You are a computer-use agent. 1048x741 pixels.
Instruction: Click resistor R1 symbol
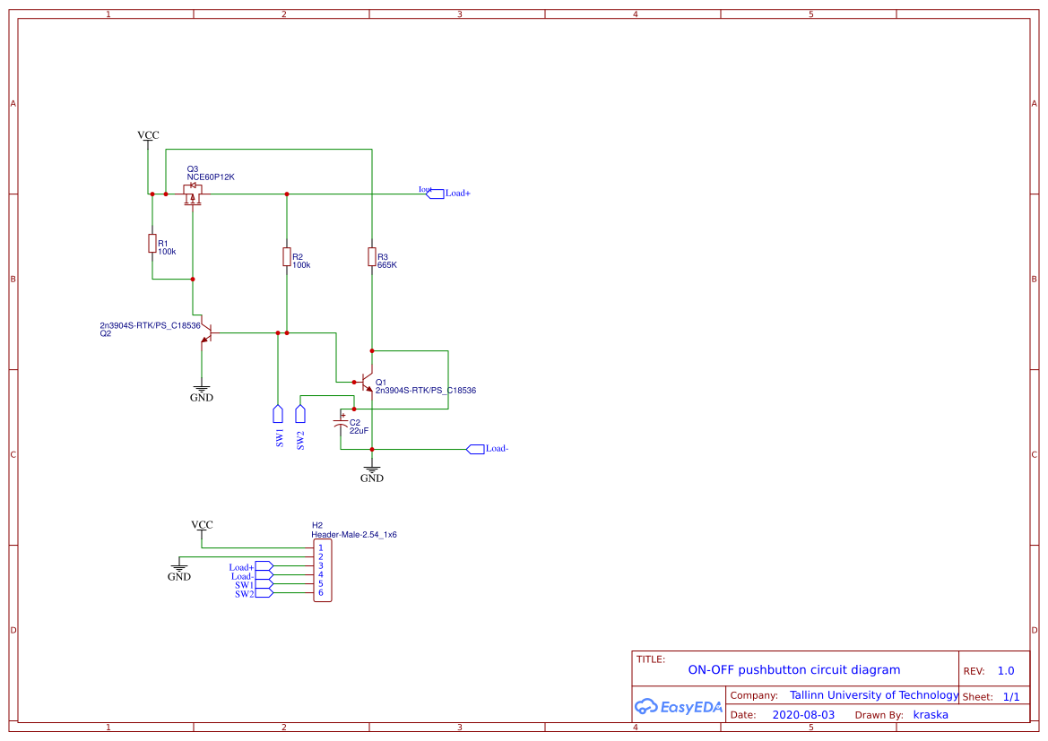(152, 243)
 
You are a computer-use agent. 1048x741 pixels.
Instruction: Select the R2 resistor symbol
(287, 257)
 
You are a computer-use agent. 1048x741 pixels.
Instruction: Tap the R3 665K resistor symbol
(372, 257)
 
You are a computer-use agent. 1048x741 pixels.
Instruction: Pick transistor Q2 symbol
(205, 333)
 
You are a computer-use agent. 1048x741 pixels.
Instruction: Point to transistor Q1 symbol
(368, 383)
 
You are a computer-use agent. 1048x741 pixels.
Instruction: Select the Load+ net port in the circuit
(435, 194)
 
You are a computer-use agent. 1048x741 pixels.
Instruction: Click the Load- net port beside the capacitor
(476, 449)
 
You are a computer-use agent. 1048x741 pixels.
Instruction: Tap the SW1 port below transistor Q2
(278, 414)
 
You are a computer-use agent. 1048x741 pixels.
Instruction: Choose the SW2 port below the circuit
(300, 414)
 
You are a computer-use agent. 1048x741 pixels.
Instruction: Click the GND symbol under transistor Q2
(202, 392)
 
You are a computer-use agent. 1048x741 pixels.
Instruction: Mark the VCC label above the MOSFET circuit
(148, 135)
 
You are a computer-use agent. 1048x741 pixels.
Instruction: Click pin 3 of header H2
(320, 566)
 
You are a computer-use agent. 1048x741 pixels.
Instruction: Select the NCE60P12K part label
(211, 177)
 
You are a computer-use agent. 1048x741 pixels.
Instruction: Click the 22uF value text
(359, 431)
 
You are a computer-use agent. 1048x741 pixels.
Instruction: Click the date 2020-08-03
(803, 715)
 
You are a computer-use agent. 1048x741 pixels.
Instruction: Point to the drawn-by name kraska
(931, 715)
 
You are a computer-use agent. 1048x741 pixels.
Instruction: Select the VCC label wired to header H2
(202, 525)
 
